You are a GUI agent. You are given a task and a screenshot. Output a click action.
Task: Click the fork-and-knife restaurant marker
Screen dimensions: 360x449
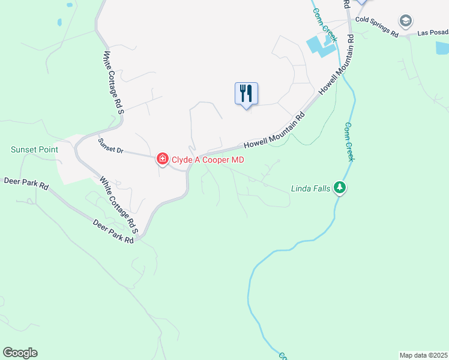click(x=246, y=94)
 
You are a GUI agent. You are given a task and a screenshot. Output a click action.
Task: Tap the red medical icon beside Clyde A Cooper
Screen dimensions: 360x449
click(x=162, y=159)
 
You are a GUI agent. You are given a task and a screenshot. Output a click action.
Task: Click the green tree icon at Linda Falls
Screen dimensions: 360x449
click(x=340, y=188)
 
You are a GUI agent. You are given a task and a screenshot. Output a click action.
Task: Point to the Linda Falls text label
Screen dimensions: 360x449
click(x=310, y=188)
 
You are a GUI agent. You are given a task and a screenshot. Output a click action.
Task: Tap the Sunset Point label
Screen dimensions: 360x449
click(x=34, y=149)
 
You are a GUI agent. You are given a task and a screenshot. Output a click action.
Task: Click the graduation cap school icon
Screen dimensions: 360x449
click(x=405, y=22)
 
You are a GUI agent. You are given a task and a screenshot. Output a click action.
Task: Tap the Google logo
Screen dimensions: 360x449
click(x=20, y=353)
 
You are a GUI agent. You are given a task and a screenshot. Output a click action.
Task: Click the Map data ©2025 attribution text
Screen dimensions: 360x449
click(x=423, y=355)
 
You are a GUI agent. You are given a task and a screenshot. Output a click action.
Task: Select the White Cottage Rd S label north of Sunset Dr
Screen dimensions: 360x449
click(x=113, y=82)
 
